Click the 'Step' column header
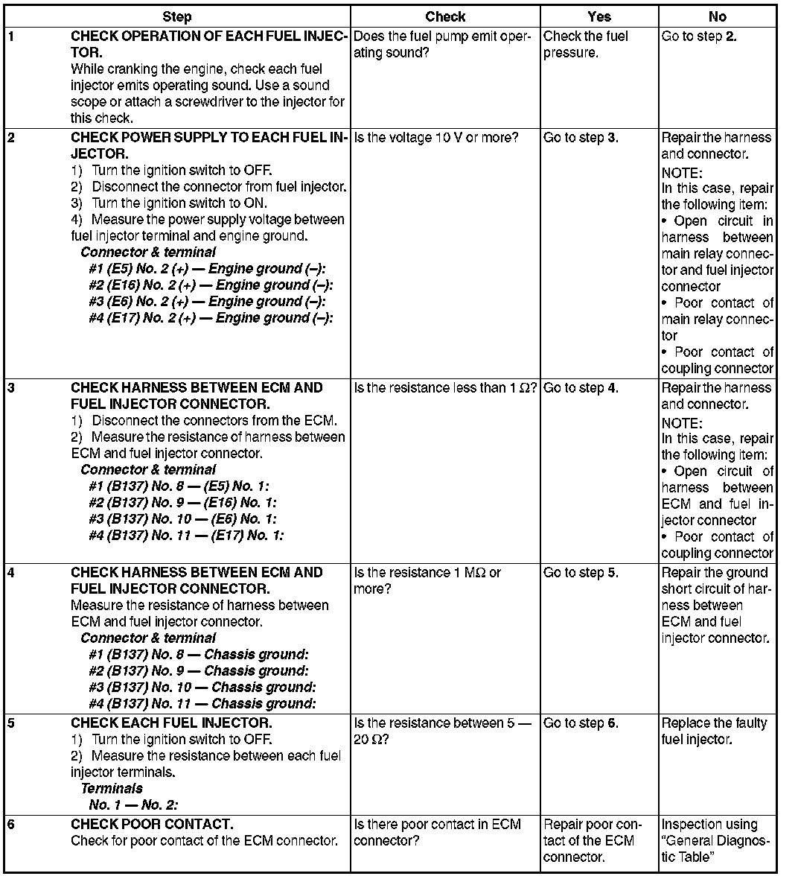(x=176, y=16)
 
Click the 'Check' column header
(x=445, y=16)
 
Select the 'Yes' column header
(x=598, y=16)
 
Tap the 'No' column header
(x=717, y=16)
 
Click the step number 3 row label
(x=10, y=388)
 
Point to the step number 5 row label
(x=10, y=723)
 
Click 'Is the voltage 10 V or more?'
(x=436, y=138)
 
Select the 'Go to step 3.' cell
(x=581, y=138)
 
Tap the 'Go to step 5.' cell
(x=581, y=573)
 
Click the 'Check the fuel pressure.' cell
(x=586, y=45)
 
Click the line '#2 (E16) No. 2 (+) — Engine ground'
(x=211, y=285)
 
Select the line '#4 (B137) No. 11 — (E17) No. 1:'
(x=186, y=536)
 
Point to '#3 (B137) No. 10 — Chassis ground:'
(x=202, y=688)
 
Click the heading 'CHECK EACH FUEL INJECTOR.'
(x=171, y=723)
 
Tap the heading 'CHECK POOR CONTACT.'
(x=152, y=825)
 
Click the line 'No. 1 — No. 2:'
(x=133, y=805)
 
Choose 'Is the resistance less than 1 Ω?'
(x=445, y=388)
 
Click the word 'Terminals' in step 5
(x=112, y=789)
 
